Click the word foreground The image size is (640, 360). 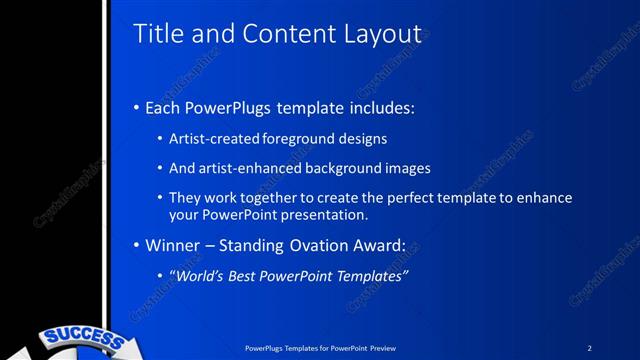click(x=298, y=138)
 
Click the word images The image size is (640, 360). click(x=406, y=168)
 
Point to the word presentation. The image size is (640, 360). click(x=325, y=214)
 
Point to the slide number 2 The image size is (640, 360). click(x=589, y=348)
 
